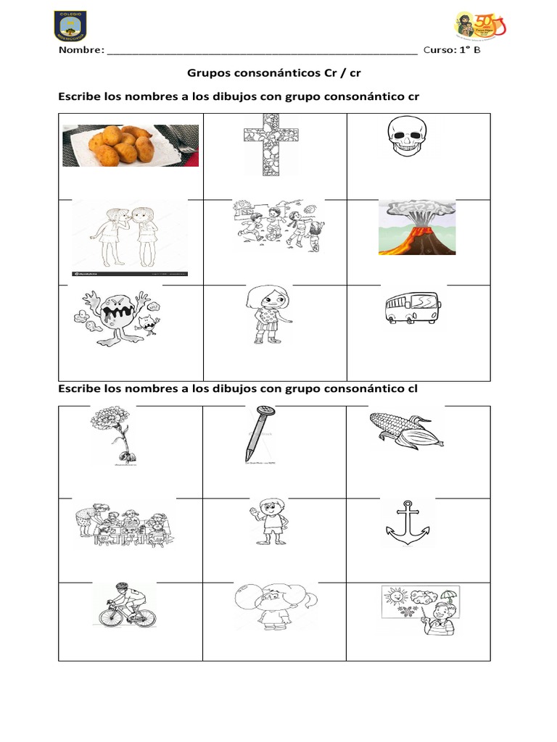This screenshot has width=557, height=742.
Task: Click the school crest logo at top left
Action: point(70,25)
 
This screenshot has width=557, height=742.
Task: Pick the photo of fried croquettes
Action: point(130,145)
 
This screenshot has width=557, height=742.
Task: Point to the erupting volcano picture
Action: point(416,228)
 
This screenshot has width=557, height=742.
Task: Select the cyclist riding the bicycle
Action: point(125,605)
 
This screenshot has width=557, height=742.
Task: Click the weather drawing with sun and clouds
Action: point(419,612)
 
